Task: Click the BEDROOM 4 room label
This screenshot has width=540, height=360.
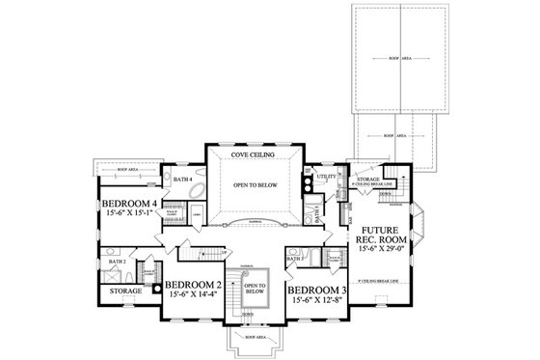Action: [x=130, y=204]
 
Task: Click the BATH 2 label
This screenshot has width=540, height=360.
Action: [x=118, y=261]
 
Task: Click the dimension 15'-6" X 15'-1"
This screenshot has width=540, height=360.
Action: [x=130, y=215]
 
